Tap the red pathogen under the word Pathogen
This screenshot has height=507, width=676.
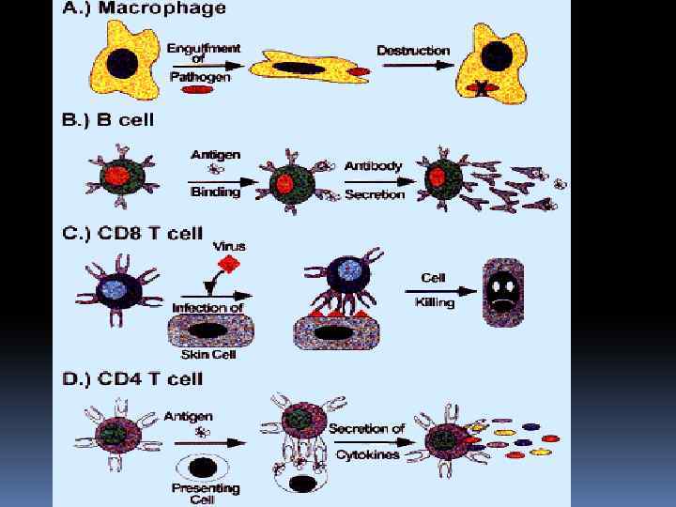(195, 91)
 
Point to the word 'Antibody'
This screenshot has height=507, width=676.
(373, 166)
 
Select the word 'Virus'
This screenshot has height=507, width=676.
(229, 246)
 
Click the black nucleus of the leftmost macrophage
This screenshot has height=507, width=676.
(124, 63)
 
